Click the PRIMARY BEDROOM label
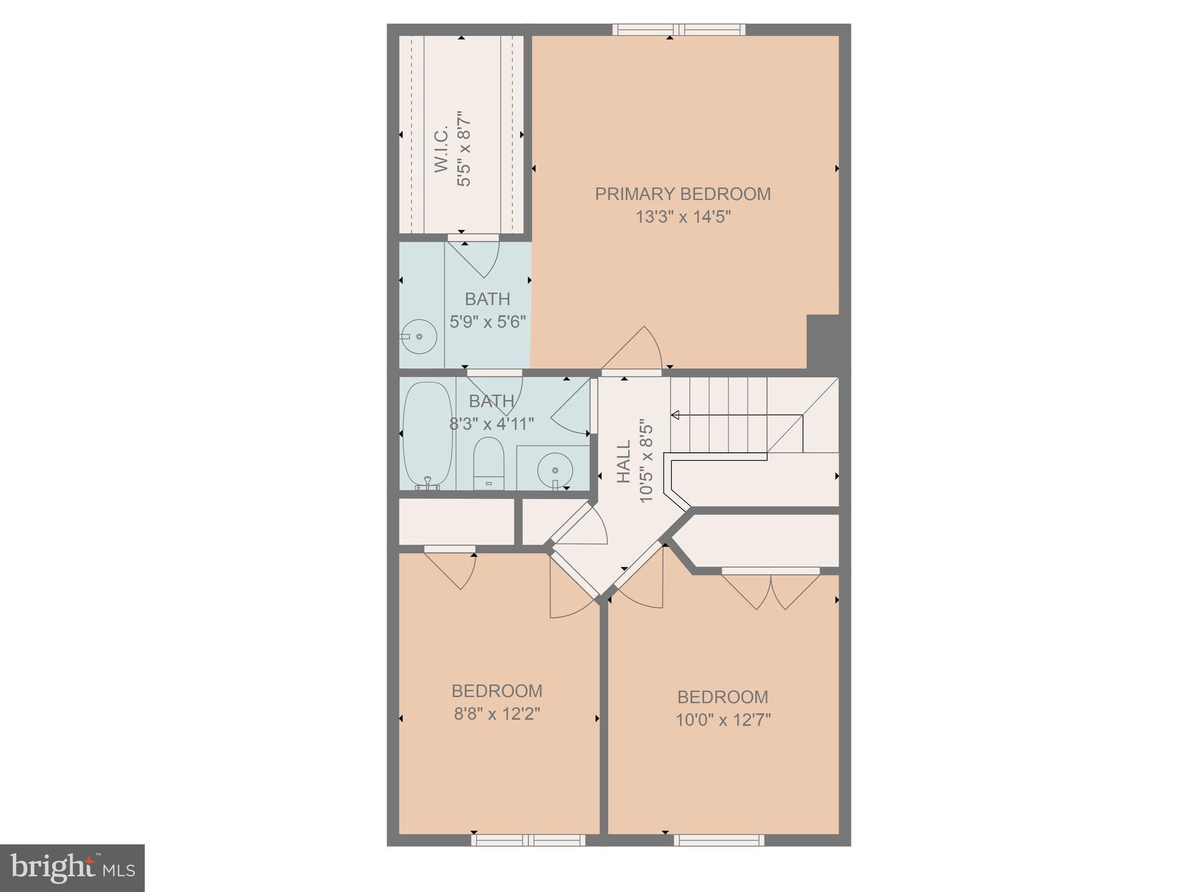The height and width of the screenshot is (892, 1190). [x=682, y=194]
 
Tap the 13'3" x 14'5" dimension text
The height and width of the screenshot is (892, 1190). [x=682, y=217]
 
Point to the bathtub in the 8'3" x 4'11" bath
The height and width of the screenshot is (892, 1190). [x=428, y=433]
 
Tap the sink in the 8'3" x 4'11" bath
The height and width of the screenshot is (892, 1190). [x=555, y=470]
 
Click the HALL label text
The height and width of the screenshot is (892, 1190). [x=623, y=462]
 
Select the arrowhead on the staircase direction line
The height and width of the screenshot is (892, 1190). [x=675, y=415]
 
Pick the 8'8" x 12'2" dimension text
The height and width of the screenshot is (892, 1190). [x=497, y=714]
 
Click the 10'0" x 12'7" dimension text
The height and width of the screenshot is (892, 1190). [x=723, y=720]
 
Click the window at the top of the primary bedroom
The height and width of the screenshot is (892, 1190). [x=678, y=30]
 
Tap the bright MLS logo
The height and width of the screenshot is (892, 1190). [x=72, y=868]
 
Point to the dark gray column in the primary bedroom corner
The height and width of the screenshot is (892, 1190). [x=823, y=342]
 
